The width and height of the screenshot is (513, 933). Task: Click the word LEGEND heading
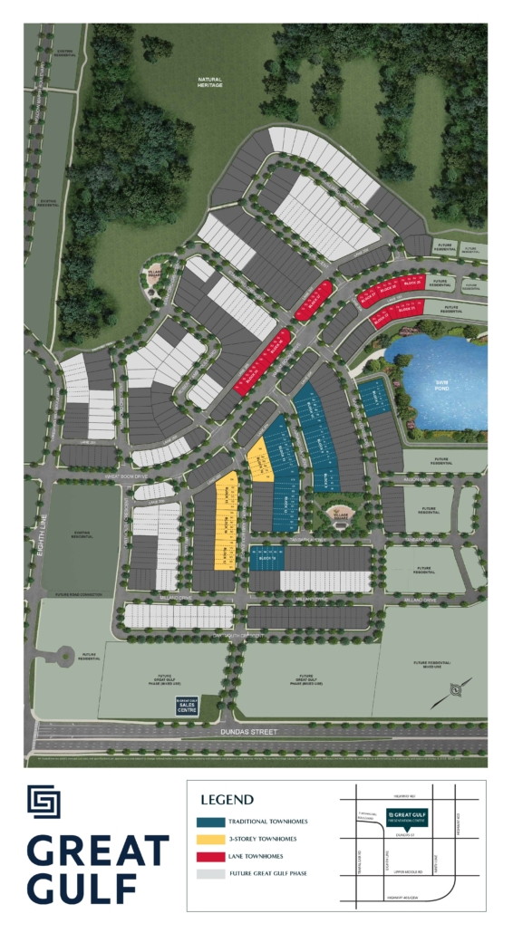coord(226,800)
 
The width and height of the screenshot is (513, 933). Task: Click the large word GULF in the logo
coord(82,885)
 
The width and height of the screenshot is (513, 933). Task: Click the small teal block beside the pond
coord(373,398)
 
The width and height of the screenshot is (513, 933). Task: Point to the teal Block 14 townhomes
coord(266,557)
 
